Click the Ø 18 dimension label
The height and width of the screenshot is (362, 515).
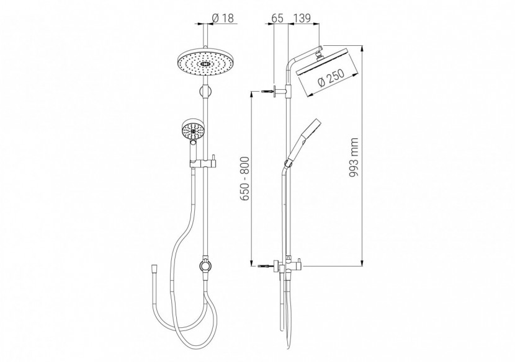[223, 18]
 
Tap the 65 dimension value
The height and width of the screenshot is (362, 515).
[277, 18]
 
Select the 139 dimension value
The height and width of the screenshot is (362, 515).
[301, 18]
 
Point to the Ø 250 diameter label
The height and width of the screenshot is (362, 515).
[331, 78]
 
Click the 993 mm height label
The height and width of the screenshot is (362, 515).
[354, 157]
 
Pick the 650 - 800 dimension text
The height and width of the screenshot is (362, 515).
[244, 179]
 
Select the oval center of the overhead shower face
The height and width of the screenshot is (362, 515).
[205, 64]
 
